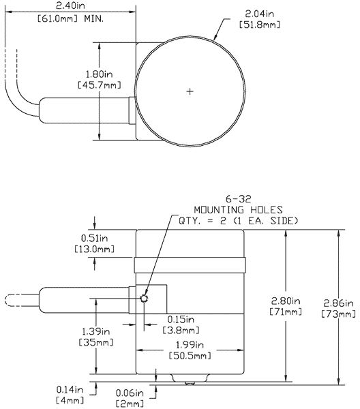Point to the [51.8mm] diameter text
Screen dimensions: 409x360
(261, 25)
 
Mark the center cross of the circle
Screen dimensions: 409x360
(190, 91)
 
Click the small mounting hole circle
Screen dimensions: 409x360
(145, 299)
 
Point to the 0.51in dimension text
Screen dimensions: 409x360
(93, 238)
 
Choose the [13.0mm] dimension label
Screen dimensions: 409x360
(93, 249)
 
